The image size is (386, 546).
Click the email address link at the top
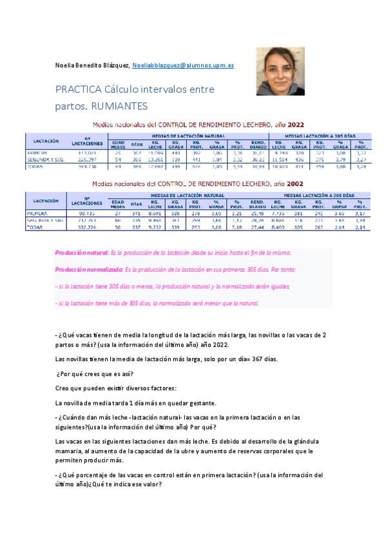(x=183, y=66)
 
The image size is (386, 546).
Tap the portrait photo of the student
(x=280, y=71)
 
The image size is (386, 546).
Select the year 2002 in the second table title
(x=295, y=184)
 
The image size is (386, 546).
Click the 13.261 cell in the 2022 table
(x=155, y=158)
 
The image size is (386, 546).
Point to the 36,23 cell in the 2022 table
(x=258, y=158)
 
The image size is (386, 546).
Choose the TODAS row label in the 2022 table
(x=37, y=165)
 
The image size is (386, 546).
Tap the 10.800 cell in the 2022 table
(x=278, y=165)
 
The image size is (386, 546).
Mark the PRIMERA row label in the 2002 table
(x=38, y=212)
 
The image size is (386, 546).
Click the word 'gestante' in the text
(x=198, y=403)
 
